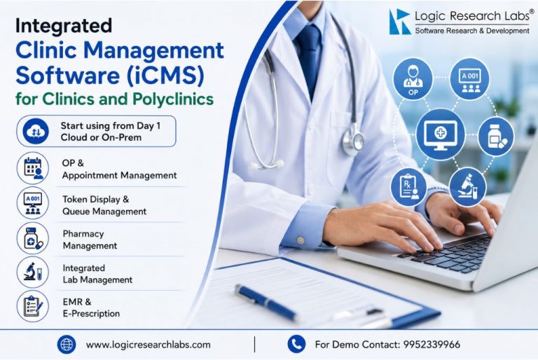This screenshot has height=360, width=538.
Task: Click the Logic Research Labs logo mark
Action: tap(400, 22)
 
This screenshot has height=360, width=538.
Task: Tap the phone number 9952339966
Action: tap(432, 344)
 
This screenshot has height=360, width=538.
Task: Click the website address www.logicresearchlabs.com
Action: tap(149, 345)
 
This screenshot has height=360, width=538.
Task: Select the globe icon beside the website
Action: tap(67, 344)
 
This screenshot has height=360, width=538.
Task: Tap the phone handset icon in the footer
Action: tap(296, 344)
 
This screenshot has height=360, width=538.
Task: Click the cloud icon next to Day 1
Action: tap(36, 132)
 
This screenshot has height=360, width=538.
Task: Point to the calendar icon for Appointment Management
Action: tap(33, 168)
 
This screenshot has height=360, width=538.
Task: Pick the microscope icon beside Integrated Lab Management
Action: tap(33, 272)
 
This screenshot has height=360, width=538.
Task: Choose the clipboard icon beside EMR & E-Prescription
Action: tap(33, 306)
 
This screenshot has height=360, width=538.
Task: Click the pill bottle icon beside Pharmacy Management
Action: tap(33, 237)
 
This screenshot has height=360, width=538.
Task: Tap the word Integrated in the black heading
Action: tap(64, 26)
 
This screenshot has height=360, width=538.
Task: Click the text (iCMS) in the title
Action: tap(165, 75)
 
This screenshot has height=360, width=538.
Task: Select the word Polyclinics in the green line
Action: tap(173, 99)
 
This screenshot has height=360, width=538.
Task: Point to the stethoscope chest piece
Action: tap(353, 141)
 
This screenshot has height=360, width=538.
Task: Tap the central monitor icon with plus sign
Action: tap(441, 134)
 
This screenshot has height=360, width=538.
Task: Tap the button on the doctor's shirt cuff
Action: tap(301, 240)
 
